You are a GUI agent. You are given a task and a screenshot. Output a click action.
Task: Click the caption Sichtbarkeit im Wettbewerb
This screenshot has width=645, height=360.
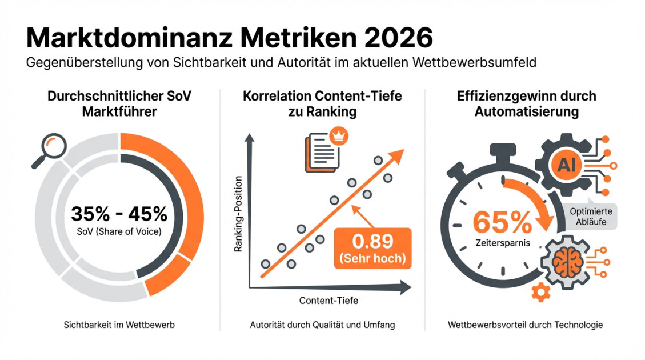pos(119,325)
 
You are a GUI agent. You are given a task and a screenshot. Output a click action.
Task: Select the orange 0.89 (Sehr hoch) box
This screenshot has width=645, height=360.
pos(372,247)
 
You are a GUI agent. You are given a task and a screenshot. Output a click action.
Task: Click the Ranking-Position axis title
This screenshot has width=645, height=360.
pos(239,213)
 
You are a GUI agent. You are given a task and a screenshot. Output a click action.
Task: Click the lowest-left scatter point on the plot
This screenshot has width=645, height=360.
pos(265,264)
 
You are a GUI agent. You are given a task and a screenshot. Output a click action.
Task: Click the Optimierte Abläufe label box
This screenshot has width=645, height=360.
pos(591,216)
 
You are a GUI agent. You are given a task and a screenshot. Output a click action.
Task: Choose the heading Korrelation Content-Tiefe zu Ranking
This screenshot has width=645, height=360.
pos(322,103)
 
